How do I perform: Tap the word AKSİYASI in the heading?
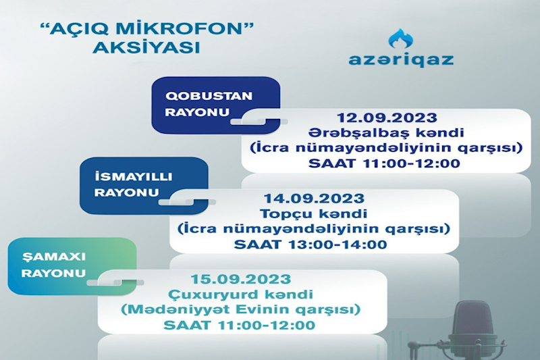coord(146,48)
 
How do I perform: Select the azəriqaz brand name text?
coord(401,59)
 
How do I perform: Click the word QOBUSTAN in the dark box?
coord(209,96)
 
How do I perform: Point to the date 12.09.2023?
coord(387,118)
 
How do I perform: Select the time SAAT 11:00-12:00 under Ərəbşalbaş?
coord(384,163)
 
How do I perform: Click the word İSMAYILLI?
coord(133,177)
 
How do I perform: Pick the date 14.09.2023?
coord(314,199)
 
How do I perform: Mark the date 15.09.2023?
coord(241,279)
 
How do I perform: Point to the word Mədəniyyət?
coord(175,309)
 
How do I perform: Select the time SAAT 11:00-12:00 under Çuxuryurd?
coord(240,325)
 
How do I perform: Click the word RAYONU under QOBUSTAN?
coord(197,112)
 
